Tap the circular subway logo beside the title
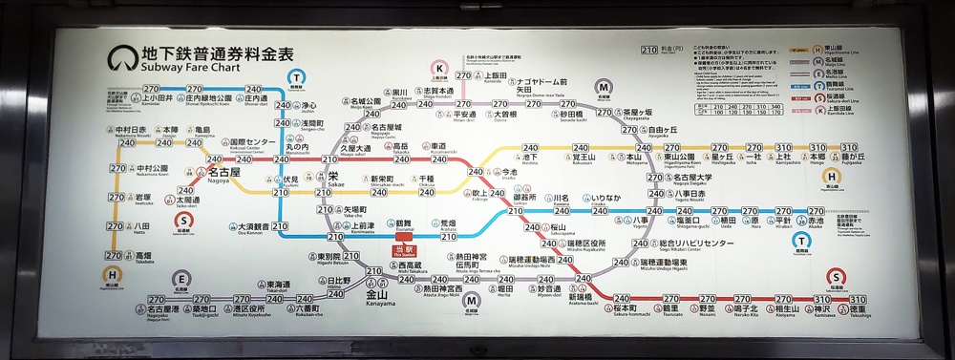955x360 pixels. pos(121,59)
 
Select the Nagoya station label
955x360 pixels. pos(223,175)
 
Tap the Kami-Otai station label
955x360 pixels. pos(156,98)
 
